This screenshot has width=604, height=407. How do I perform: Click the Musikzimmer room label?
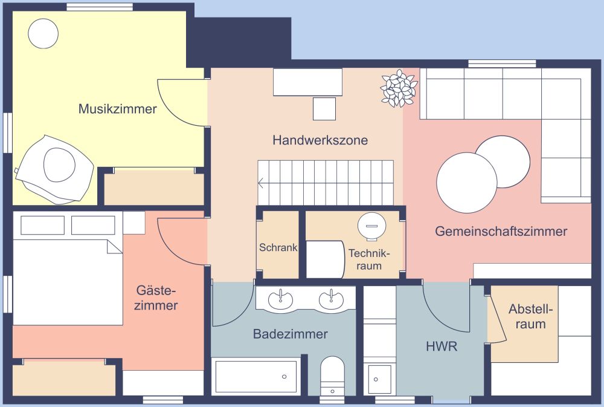coord(118,109)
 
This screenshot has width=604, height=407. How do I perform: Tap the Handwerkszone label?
coord(320,140)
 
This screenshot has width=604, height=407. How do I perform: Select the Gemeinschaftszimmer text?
coord(501,232)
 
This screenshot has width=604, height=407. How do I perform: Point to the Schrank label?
coord(278,247)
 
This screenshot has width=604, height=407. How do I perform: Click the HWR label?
coord(442,347)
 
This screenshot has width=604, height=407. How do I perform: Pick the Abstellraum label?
coord(530,316)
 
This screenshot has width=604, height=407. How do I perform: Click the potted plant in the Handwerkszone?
coord(399,88)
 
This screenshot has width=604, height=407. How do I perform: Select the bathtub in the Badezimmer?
coord(256,377)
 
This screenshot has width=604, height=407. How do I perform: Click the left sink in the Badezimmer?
coord(280,299)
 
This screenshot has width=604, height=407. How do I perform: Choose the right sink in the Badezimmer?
coord(331,299)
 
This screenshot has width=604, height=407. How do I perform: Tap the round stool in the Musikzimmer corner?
coord(43,33)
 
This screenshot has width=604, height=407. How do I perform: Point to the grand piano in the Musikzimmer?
coord(54,170)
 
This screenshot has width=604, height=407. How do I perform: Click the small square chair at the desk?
coord(324,109)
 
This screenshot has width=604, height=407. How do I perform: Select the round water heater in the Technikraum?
coord(370,225)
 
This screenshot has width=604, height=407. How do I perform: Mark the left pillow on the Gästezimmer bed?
coord(42,226)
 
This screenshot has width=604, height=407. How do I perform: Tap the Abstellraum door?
coord(497,317)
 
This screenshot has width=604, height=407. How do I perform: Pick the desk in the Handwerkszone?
coord(308,82)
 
